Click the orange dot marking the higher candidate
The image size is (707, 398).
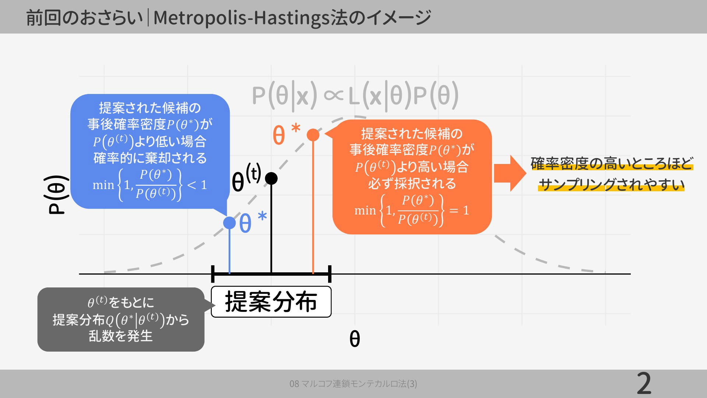point(313,135)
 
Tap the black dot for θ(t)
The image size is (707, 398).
point(271,178)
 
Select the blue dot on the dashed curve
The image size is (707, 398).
point(229,223)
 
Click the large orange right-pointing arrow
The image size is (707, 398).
point(510,173)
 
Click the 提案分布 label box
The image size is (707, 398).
point(271,302)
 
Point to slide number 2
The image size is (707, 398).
point(644,384)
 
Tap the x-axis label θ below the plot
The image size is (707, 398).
point(354,339)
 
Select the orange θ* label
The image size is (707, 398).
point(286,134)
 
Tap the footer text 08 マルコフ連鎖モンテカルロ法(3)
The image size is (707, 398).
point(353,384)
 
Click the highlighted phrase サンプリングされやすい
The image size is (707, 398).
point(611,184)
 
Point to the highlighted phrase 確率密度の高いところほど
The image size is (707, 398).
point(612,164)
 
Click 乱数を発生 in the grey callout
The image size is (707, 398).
point(120,336)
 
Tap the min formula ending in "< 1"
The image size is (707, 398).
point(150,185)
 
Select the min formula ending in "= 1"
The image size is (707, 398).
point(412,210)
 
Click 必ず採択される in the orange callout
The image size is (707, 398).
point(412,183)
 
